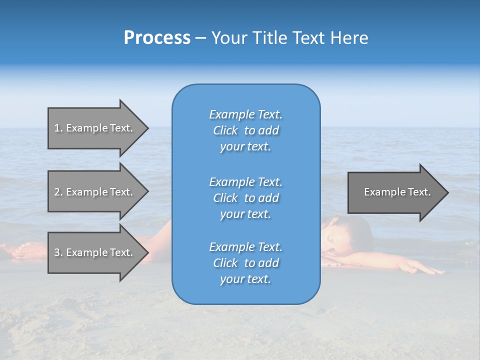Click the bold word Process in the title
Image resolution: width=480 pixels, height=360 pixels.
(x=157, y=38)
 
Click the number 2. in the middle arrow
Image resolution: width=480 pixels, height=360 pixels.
(x=58, y=192)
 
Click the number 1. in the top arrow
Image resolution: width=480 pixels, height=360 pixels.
(x=58, y=128)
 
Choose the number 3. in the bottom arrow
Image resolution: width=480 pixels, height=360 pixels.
(x=58, y=252)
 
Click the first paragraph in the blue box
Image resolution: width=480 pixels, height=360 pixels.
(x=245, y=130)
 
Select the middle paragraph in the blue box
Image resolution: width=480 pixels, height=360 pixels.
(x=245, y=198)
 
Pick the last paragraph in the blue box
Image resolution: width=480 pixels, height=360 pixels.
(x=245, y=263)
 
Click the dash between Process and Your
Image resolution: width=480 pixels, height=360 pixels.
(x=200, y=38)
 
